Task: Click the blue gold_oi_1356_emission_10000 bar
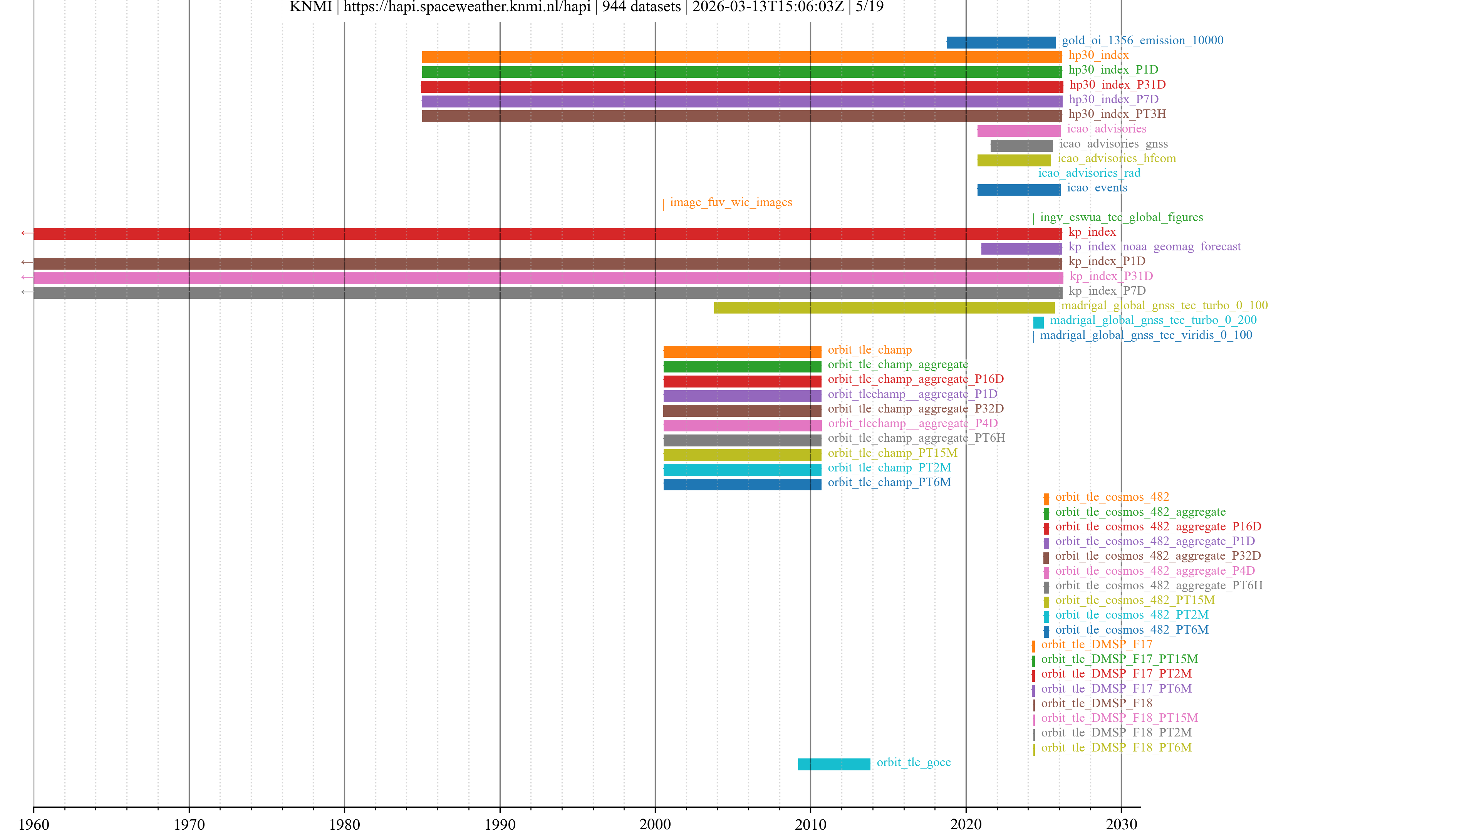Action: tap(1001, 42)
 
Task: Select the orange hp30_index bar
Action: tap(741, 57)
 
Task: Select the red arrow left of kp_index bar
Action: tap(27, 233)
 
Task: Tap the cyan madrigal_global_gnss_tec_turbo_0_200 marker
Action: tap(1038, 322)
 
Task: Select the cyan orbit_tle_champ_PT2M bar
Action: tap(742, 470)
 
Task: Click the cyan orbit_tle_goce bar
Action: tap(833, 764)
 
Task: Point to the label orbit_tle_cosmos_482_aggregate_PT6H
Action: tap(1159, 585)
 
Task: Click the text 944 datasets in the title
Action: tap(641, 7)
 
